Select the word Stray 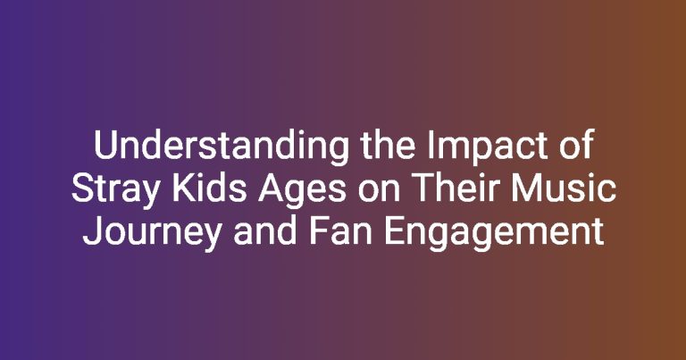coord(115,190)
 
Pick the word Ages coord(302,191)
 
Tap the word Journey coord(152,232)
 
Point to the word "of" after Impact coord(577,145)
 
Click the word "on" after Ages coord(379,192)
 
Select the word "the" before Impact coord(388,145)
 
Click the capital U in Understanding coord(105,146)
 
